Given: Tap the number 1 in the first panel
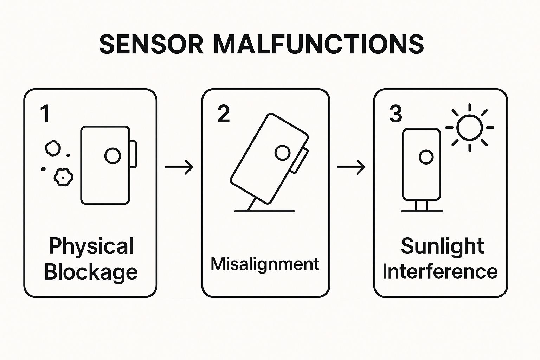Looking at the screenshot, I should coord(45,114).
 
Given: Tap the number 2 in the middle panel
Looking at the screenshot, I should coord(224,114).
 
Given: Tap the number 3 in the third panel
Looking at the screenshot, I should coord(396,114).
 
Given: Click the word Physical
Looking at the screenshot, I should coord(91,246).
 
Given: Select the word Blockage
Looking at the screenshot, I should coord(91,272).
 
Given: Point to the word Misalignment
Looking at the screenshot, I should coord(265,264).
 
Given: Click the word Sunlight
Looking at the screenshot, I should coord(442,246).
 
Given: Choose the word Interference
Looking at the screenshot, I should coord(440,272).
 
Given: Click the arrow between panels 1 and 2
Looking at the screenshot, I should coord(179,167).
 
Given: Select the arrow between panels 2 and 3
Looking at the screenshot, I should coord(351,167).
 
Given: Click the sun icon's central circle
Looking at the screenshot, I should coord(469,127).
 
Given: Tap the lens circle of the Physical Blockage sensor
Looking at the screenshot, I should coord(112,156).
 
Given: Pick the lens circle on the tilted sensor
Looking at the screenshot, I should coord(282,153).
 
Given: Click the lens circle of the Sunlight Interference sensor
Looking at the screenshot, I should coord(426,157).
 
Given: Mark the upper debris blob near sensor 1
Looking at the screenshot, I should coord(53,148).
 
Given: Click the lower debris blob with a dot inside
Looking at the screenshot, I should coord(63,177).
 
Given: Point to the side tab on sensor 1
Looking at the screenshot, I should coord(133,154).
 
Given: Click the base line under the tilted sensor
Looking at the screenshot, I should coord(264,211).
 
